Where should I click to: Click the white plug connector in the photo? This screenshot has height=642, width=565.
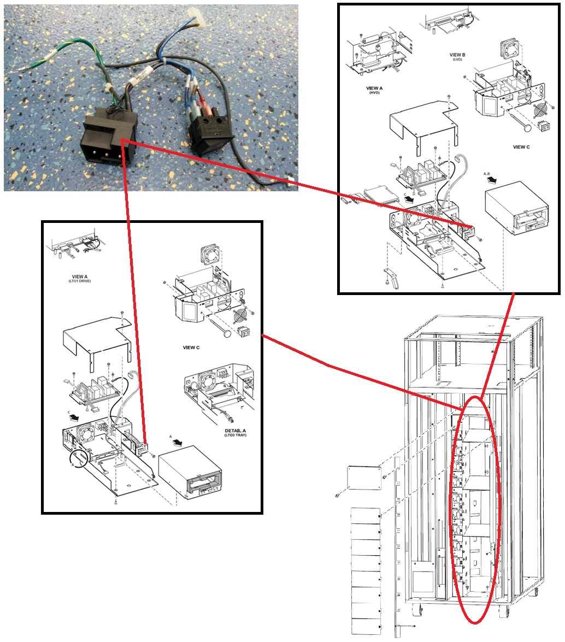[x=196, y=18]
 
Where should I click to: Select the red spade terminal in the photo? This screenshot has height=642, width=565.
[x=203, y=108]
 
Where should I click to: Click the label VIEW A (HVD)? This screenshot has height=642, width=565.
[x=374, y=90]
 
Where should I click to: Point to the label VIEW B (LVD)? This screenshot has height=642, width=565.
[x=457, y=56]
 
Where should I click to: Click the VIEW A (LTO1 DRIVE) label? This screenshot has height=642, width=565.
[x=79, y=279]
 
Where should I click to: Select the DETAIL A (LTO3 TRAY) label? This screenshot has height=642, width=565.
[x=236, y=433]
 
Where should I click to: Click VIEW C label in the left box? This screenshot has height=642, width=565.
[x=191, y=347]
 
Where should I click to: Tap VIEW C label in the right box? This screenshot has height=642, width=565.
[x=521, y=147]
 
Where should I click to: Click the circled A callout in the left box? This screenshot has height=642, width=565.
[x=79, y=458]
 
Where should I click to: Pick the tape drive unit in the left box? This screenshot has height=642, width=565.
[x=190, y=473]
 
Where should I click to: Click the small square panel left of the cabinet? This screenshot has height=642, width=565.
[x=364, y=477]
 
